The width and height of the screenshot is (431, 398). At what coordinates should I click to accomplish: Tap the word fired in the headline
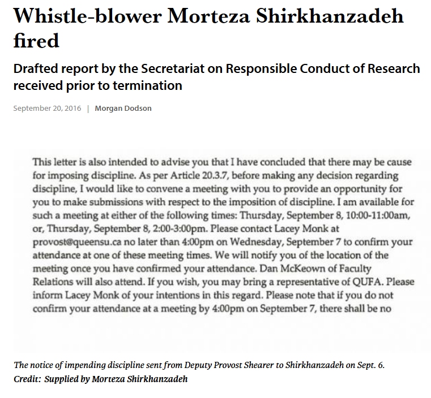tap(36, 40)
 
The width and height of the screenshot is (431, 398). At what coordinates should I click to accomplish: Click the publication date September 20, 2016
tap(47, 109)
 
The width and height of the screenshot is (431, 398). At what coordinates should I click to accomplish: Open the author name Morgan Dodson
tap(123, 109)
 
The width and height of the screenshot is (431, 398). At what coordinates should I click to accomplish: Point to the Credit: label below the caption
tap(27, 379)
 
